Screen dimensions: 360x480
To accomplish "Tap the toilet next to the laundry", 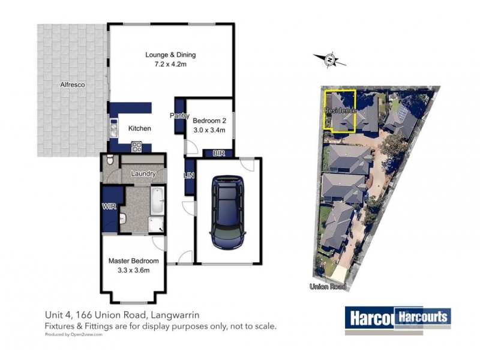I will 108,161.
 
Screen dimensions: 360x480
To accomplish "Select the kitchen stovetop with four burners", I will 136,145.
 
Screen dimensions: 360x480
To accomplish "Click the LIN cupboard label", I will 188,175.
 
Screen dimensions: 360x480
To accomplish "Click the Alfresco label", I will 72,86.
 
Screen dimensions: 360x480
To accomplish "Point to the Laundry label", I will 143,174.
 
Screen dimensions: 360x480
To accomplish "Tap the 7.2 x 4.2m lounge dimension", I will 170,65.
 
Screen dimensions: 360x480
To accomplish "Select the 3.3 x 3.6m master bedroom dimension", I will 133,271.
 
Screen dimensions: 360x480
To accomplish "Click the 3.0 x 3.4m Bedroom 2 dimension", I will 209,130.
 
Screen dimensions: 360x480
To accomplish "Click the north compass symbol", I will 329,59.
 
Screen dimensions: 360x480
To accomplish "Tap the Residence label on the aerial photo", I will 340,111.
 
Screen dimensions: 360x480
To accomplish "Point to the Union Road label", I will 328,287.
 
